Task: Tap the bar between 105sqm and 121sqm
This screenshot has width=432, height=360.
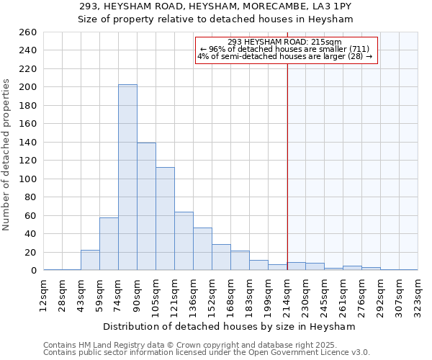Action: point(165,219)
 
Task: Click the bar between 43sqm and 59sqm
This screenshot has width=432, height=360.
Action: point(90,260)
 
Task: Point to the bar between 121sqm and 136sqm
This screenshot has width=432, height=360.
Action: point(184,241)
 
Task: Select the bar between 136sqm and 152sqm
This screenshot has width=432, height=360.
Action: point(202,249)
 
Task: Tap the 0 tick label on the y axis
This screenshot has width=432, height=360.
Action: point(32,271)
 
